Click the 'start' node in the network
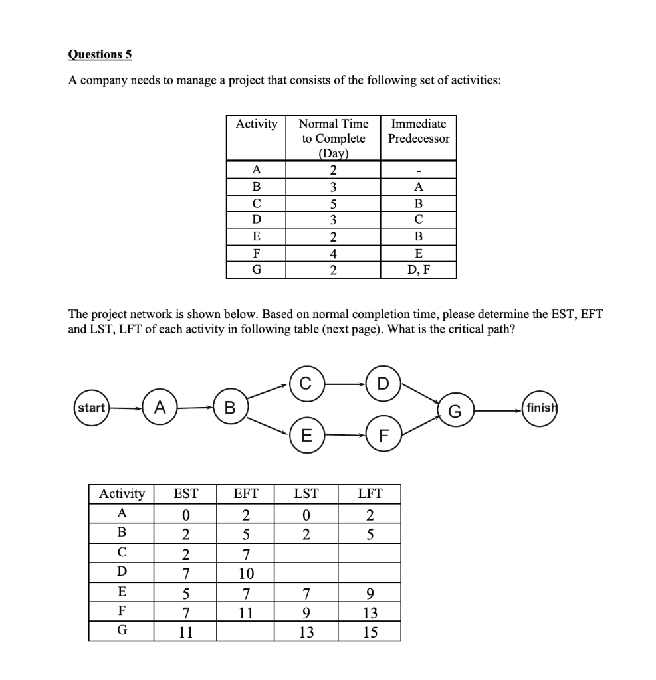[91, 407]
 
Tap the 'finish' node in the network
[539, 407]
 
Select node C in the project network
[305, 382]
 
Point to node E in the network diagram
[305, 436]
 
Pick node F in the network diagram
[382, 436]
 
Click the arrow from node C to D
[344, 383]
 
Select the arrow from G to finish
[496, 410]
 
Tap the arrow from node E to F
[344, 436]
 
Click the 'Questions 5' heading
[100, 54]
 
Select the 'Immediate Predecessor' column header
[418, 131]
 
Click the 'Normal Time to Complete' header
[333, 138]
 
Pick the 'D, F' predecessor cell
[418, 270]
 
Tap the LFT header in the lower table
[370, 493]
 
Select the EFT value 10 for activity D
[246, 573]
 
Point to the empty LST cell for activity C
[306, 553]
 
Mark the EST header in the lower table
[185, 493]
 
